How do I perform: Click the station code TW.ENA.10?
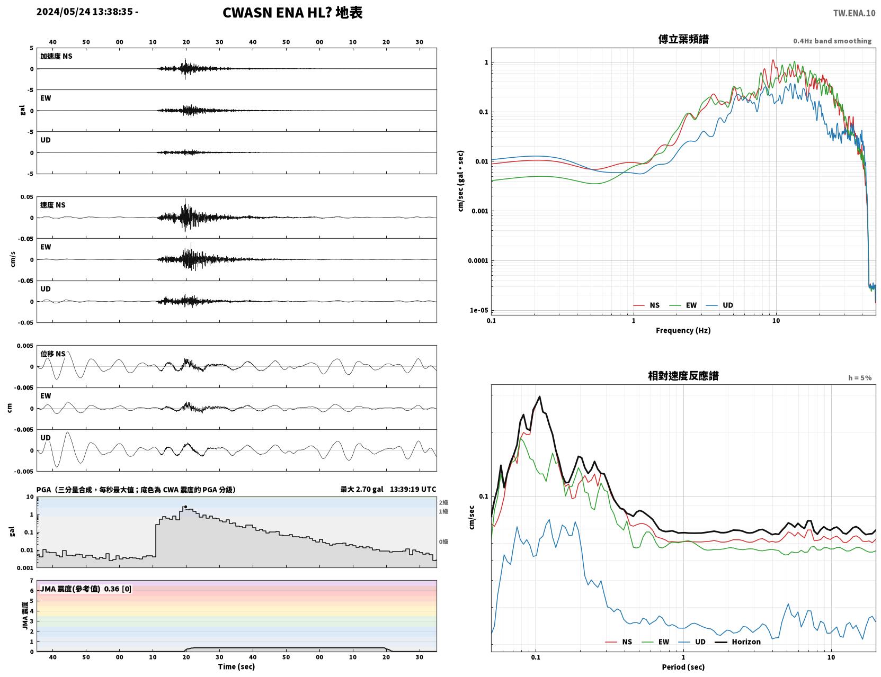854,13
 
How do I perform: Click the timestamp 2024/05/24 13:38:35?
85,12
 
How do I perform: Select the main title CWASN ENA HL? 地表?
292,13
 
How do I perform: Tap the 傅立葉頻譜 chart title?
683,39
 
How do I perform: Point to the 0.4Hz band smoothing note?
832,41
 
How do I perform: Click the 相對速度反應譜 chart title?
683,376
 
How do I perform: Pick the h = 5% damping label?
859,378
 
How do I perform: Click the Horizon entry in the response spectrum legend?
746,642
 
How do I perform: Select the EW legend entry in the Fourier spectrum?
691,305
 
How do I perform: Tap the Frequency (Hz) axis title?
683,330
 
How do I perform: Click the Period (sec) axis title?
683,667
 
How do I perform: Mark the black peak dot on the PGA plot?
186,507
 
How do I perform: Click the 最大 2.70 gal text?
362,490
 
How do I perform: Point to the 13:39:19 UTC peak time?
413,489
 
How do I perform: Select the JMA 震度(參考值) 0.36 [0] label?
85,589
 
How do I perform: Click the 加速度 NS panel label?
56,56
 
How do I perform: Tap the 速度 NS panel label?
52,205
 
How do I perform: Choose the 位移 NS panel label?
52,354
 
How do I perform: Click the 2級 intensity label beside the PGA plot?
443,502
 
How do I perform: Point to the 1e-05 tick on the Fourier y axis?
479,311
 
